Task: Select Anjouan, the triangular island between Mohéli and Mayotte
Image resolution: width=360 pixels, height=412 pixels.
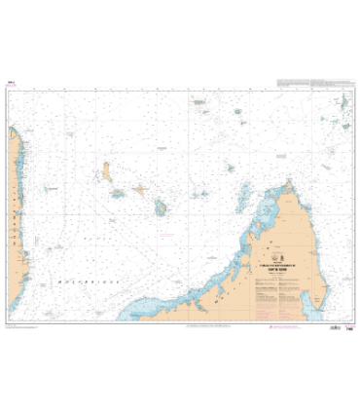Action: pos(139,191)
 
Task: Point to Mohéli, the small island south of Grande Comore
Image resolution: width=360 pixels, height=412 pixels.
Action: pos(118,194)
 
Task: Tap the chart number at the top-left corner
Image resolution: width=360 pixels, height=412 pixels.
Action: pos(11,84)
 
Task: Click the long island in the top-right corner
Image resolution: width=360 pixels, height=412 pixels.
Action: pos(344,101)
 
